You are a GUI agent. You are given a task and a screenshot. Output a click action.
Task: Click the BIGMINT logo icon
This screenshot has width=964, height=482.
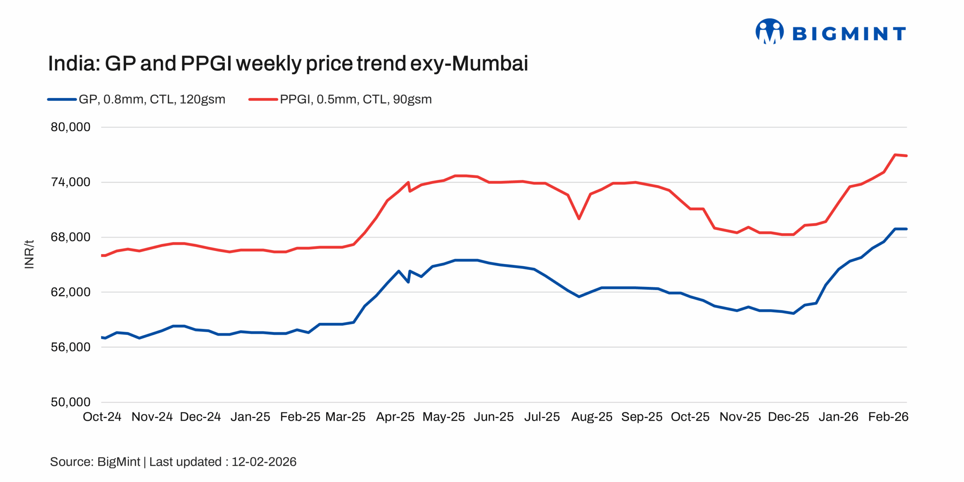coord(769,31)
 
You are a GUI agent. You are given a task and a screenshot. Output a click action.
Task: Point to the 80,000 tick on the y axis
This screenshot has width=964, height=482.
coord(70,127)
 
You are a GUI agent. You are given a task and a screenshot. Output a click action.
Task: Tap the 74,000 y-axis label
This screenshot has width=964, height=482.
coord(70,182)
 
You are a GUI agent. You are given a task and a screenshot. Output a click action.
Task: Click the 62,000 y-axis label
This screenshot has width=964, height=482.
coord(70,292)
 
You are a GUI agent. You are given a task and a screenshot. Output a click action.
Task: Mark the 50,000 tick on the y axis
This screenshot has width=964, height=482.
coord(70,402)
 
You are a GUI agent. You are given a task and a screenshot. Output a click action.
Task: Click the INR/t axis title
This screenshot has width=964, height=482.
coord(29,254)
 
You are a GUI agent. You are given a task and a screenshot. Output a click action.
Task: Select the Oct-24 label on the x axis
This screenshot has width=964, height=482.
coord(102,417)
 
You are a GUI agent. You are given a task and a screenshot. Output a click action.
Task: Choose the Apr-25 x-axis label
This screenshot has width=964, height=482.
coord(395,417)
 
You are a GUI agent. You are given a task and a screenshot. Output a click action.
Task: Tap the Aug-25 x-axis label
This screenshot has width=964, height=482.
coord(592,417)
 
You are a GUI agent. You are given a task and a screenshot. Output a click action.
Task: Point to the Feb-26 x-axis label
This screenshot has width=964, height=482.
coord(888,417)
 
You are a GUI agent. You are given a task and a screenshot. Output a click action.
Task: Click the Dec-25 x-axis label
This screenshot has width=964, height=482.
coord(788,417)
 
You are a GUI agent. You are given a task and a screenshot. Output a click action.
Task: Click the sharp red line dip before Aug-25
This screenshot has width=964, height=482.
coord(579,218)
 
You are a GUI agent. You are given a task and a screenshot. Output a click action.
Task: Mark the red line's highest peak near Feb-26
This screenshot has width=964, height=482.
coord(895,155)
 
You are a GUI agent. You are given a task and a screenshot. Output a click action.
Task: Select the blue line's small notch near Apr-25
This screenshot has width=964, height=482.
coord(408,282)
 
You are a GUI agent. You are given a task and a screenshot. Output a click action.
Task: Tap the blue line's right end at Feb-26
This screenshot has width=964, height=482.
coord(906,229)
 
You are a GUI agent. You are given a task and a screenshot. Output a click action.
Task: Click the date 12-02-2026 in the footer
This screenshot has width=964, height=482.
coord(264,462)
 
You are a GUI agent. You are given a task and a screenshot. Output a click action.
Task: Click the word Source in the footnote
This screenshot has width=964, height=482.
coord(71,462)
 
